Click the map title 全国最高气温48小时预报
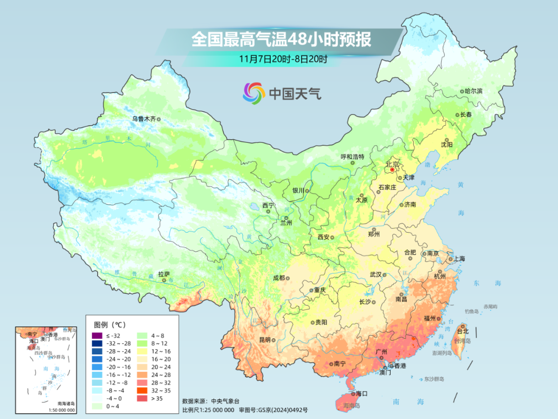click(281, 40)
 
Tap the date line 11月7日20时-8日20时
click(283, 58)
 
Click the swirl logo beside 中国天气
click(254, 93)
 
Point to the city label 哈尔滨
click(473, 91)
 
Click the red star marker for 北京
click(393, 169)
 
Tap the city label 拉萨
click(164, 274)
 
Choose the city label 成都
click(278, 278)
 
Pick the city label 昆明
click(265, 340)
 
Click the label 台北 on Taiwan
click(462, 331)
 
